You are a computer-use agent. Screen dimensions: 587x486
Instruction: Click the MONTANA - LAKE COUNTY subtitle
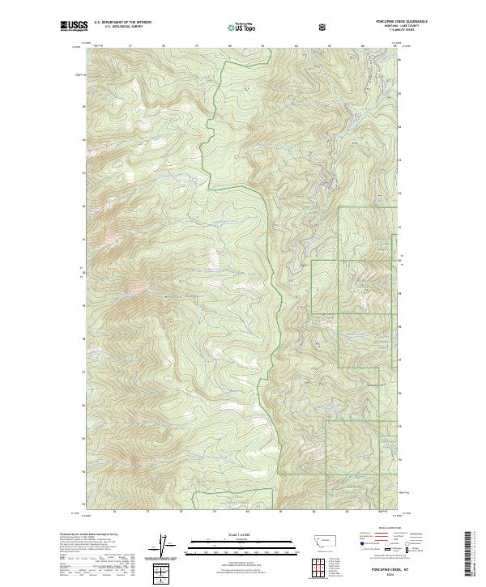click(392, 28)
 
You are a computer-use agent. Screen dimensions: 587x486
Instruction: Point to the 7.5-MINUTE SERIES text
click(393, 32)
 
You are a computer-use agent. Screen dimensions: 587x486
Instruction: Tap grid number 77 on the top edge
click(132, 46)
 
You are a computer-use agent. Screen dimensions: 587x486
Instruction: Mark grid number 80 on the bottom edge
click(247, 512)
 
